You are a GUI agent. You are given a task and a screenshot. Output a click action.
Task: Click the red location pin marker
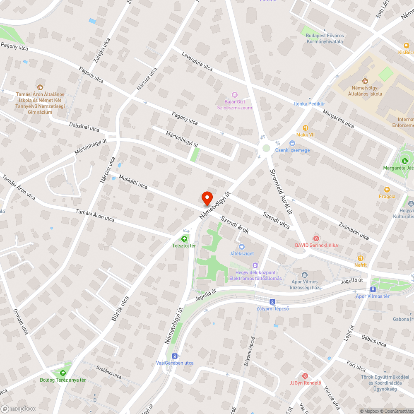pyautogui.click(x=207, y=198)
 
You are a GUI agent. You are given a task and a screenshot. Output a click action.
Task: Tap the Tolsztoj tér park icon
pyautogui.click(x=184, y=238)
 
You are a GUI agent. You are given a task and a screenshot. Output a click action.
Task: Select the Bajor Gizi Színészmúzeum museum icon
pyautogui.click(x=235, y=95)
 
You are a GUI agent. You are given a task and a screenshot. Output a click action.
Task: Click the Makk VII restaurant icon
pyautogui.click(x=306, y=128)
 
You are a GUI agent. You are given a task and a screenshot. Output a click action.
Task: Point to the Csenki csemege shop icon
pyautogui.click(x=292, y=143)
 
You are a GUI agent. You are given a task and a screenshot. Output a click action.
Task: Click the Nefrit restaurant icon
pyautogui.click(x=360, y=258)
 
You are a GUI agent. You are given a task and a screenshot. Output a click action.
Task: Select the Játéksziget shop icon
pyautogui.click(x=242, y=247)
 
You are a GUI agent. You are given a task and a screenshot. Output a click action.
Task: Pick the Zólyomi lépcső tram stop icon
pyautogui.click(x=272, y=301)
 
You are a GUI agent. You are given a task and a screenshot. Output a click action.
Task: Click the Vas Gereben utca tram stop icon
pyautogui.click(x=175, y=356)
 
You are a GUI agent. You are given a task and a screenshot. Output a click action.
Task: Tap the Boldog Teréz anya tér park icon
pyautogui.click(x=63, y=373)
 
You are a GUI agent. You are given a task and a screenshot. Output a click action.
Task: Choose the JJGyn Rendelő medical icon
pyautogui.click(x=305, y=375)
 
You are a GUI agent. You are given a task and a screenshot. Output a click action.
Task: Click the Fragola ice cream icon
pyautogui.click(x=387, y=190)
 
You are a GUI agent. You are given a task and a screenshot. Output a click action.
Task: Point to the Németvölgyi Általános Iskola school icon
pyautogui.click(x=365, y=81)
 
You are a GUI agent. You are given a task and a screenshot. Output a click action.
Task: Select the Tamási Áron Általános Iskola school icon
pyautogui.click(x=40, y=87)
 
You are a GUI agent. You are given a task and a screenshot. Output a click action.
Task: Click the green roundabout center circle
pyautogui.click(x=266, y=148)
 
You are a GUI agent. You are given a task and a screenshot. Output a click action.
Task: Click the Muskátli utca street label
pyautogui.click(x=133, y=181)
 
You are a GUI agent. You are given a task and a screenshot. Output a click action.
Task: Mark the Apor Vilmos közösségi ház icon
pyautogui.click(x=305, y=275)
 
